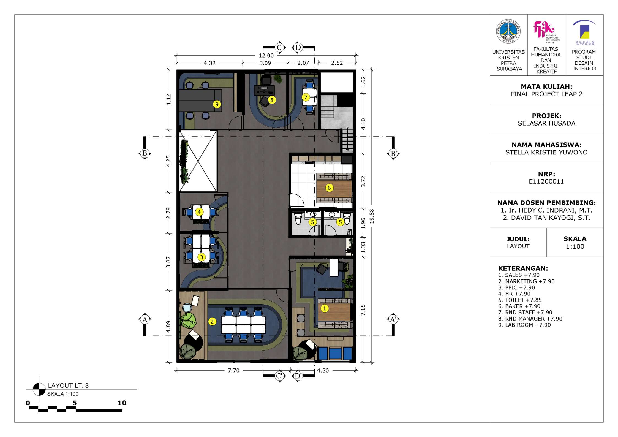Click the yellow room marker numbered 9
[x=217, y=104]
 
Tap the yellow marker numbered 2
[x=212, y=321]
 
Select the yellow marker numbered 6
[x=329, y=188]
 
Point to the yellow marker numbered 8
[x=272, y=100]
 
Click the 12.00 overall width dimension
[x=266, y=56]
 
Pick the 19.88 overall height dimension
[x=372, y=216]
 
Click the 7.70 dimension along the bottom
[x=233, y=370]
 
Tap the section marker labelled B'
[x=393, y=153]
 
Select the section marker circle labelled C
[x=279, y=48]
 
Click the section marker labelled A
[x=145, y=319]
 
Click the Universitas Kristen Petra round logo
[x=508, y=31]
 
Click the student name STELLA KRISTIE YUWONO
[x=546, y=152]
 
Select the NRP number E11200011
[x=546, y=181]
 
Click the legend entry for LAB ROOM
[x=524, y=325]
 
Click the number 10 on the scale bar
[x=122, y=403]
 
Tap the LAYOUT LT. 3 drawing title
[x=68, y=386]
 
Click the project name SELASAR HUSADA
[x=546, y=123]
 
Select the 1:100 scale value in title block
[x=575, y=246]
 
